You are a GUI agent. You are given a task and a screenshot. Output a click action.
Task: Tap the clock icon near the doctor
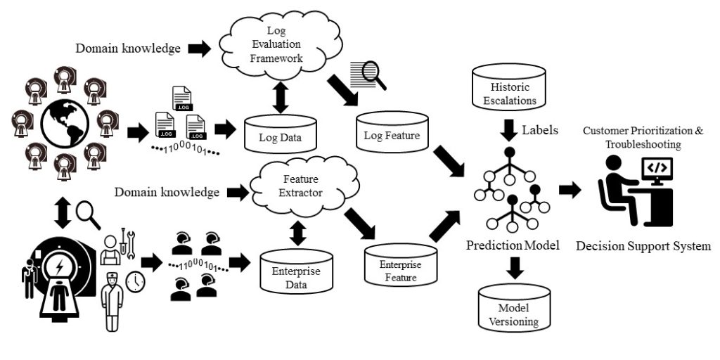click(x=134, y=281)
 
